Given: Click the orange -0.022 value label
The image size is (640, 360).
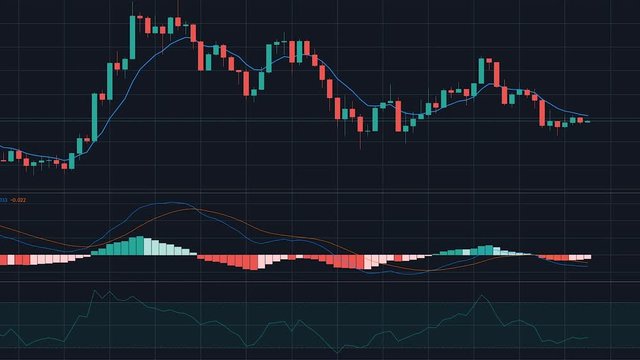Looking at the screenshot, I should (18, 200).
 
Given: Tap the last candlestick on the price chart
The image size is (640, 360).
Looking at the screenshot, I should (587, 121).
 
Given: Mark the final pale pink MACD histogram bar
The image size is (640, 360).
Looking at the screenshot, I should (588, 256).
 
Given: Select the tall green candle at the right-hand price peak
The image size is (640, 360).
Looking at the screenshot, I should (482, 72).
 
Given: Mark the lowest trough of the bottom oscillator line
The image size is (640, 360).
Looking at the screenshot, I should (30, 346).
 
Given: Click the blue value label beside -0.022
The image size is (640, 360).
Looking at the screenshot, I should (3, 200).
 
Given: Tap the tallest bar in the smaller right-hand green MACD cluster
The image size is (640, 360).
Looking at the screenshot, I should (487, 249).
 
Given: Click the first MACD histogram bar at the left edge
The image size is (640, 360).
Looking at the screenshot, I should (3, 259).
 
